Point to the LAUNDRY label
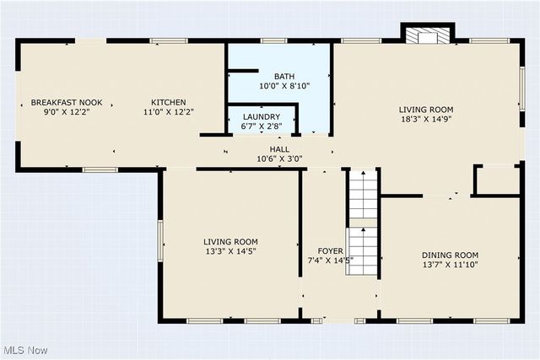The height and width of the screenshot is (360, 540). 262,116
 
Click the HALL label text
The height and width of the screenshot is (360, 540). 279,148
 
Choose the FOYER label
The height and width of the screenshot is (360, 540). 330,250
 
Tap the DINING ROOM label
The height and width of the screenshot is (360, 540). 450,255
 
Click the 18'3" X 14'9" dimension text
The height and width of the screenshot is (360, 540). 426,120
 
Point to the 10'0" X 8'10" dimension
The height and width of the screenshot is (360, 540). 283,86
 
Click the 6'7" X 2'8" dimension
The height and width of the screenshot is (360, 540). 262,126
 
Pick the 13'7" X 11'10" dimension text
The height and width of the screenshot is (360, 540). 450,265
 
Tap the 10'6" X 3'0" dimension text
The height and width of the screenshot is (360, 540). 279,159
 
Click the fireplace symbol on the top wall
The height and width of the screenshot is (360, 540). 427,36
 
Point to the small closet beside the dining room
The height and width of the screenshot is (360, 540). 497,180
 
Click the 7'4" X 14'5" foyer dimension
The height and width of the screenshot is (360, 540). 330,261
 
